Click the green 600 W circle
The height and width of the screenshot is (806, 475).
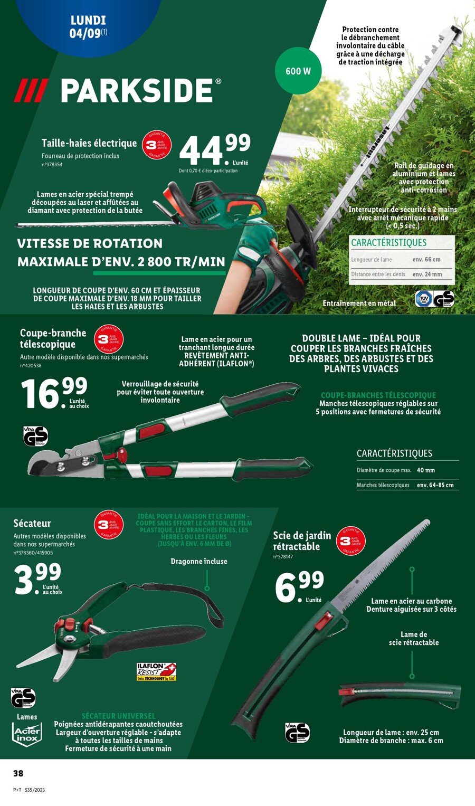tap(298, 71)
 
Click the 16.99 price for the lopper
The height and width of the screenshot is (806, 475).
tap(53, 393)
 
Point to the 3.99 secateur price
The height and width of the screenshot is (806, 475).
tap(37, 579)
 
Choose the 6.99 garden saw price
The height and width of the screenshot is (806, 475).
tap(299, 586)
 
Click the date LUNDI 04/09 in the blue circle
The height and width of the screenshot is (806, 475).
tap(88, 27)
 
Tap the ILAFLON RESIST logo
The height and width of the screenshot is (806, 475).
tap(156, 671)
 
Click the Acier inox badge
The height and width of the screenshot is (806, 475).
tap(26, 734)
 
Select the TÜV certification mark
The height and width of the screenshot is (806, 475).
tap(423, 299)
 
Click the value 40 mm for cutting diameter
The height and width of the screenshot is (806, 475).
tap(426, 470)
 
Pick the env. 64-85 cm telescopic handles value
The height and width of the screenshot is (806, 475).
tap(435, 485)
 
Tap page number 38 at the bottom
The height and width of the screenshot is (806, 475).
tap(18, 773)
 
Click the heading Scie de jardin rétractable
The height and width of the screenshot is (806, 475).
tap(302, 541)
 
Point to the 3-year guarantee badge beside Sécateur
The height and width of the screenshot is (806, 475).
tap(109, 525)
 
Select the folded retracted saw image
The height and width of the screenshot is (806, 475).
tap(400, 694)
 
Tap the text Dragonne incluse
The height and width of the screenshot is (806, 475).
tap(199, 561)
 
